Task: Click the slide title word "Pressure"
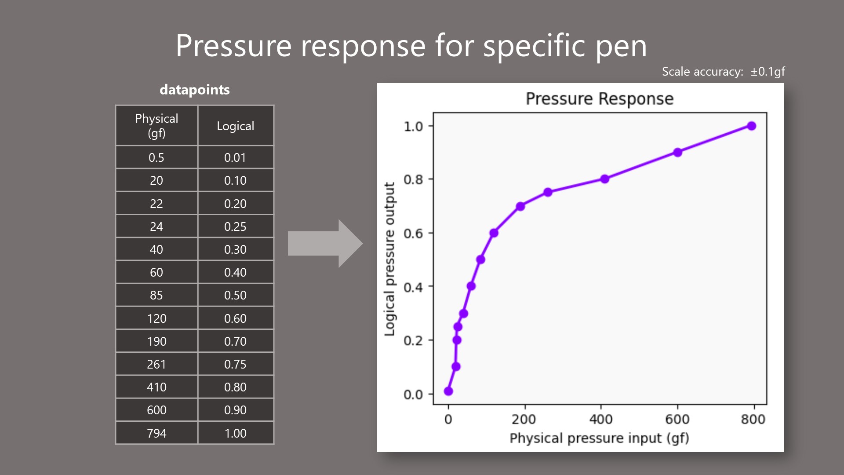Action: pyautogui.click(x=233, y=45)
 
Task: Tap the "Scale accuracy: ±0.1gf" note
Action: pyautogui.click(x=723, y=72)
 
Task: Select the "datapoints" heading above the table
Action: pyautogui.click(x=195, y=90)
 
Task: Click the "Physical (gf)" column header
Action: pyautogui.click(x=156, y=125)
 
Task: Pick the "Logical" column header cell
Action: pyautogui.click(x=236, y=125)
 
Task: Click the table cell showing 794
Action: pyautogui.click(x=156, y=433)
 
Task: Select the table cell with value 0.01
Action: pyautogui.click(x=236, y=157)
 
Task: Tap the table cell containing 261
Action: pyautogui.click(x=156, y=364)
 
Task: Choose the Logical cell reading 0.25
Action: pyautogui.click(x=236, y=226)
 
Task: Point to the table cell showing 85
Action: pyautogui.click(x=156, y=295)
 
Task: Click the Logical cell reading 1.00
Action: pyautogui.click(x=236, y=433)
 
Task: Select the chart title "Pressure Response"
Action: pyautogui.click(x=600, y=99)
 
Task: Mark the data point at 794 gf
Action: pyautogui.click(x=752, y=126)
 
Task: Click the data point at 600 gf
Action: pyautogui.click(x=677, y=152)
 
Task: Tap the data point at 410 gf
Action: pyautogui.click(x=605, y=179)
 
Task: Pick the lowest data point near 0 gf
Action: pyautogui.click(x=448, y=391)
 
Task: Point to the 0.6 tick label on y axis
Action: pyautogui.click(x=413, y=233)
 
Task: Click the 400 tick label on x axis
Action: pyautogui.click(x=601, y=419)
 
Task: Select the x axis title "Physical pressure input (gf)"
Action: pyautogui.click(x=599, y=438)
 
